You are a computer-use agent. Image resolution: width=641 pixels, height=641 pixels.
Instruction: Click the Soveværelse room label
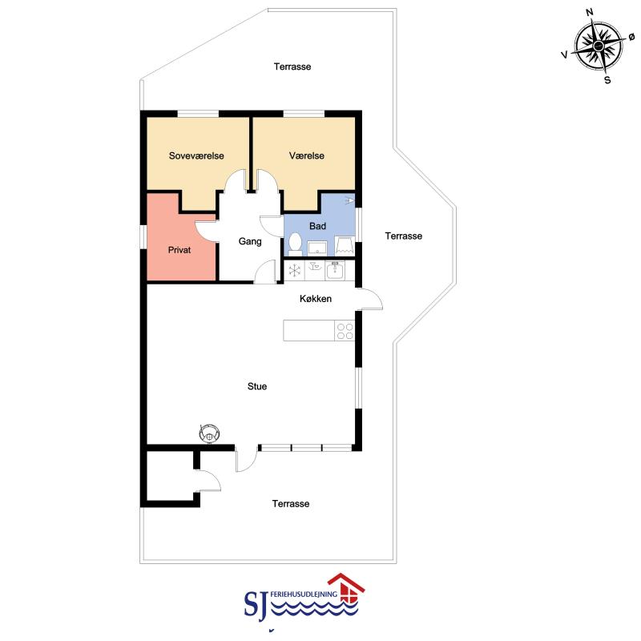pyautogui.click(x=196, y=155)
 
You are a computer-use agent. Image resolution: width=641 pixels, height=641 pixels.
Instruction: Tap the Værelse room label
pyautogui.click(x=307, y=155)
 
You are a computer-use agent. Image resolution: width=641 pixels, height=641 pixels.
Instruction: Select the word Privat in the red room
pyautogui.click(x=179, y=250)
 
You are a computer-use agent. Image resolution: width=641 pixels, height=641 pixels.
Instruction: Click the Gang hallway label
pyautogui.click(x=250, y=241)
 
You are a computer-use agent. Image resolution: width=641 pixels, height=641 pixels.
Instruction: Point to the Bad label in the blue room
pyautogui.click(x=317, y=226)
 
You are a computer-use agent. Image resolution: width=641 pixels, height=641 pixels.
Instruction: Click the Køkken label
pyautogui.click(x=316, y=299)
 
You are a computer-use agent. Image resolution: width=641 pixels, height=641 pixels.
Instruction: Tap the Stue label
pyautogui.click(x=257, y=386)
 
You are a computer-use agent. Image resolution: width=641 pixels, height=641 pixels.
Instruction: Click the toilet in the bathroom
pyautogui.click(x=295, y=244)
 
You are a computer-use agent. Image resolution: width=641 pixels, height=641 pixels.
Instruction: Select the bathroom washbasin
pyautogui.click(x=317, y=248)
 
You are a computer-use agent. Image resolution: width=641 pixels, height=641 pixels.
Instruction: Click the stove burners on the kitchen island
pyautogui.click(x=345, y=331)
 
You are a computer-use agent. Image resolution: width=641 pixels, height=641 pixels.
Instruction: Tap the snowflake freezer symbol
pyautogui.click(x=294, y=270)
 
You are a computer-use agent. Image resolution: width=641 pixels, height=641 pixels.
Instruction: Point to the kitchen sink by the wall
pyautogui.click(x=335, y=270)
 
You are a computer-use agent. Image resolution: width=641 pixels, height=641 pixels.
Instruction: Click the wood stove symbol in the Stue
pyautogui.click(x=209, y=433)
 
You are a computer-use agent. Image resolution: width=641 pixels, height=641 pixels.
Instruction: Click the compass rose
pyautogui.click(x=599, y=46)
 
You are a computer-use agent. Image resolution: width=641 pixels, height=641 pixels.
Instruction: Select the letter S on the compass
pyautogui.click(x=607, y=80)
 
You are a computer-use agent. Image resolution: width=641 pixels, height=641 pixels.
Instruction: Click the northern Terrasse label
pyautogui.click(x=292, y=67)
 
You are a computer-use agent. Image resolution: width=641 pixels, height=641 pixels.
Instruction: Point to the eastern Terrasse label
pyautogui.click(x=404, y=236)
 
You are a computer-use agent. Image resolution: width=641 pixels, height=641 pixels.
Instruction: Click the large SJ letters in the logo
pyautogui.click(x=256, y=603)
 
